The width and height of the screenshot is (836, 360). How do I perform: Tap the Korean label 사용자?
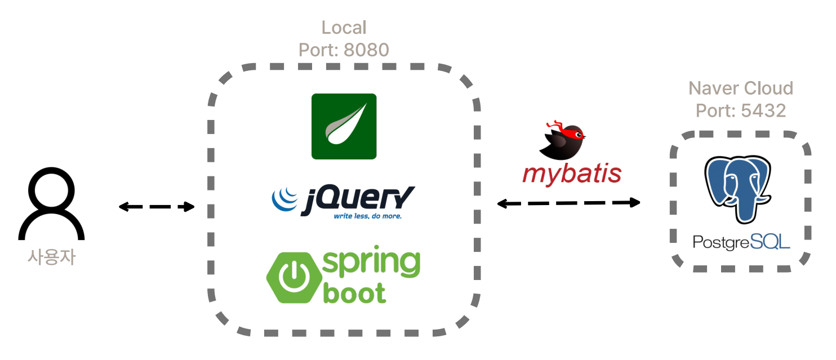(51, 257)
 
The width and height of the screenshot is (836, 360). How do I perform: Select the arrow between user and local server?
(156, 207)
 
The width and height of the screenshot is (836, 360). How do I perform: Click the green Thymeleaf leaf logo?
(344, 126)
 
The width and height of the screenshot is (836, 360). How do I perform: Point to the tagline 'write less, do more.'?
(367, 216)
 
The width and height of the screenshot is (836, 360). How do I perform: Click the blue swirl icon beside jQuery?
(284, 199)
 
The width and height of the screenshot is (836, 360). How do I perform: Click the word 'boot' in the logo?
(354, 292)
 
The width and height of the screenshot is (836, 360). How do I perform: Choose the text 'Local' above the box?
(344, 28)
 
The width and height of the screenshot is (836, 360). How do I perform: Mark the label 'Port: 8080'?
(344, 50)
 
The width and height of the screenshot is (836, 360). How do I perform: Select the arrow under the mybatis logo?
(569, 203)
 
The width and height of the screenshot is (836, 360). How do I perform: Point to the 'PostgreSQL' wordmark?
(741, 242)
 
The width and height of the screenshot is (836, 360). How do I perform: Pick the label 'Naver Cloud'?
(741, 88)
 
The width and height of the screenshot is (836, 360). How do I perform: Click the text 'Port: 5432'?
(741, 110)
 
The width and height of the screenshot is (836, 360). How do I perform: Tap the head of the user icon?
(51, 189)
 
